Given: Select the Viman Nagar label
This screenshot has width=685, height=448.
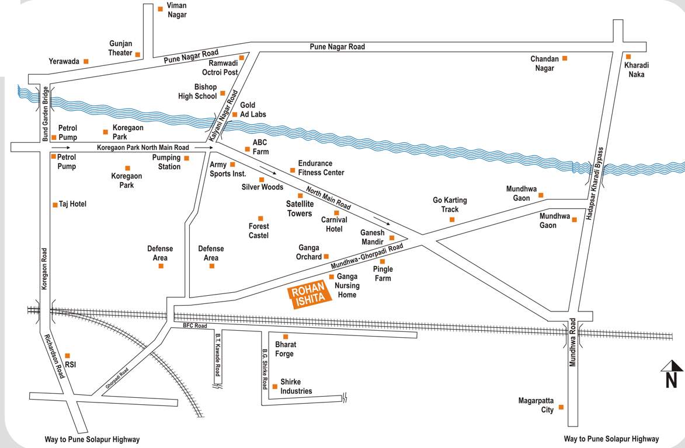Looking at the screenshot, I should pyautogui.click(x=177, y=10).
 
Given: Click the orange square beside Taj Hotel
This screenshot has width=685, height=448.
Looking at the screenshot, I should pyautogui.click(x=55, y=205).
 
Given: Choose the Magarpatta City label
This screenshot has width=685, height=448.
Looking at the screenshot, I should pyautogui.click(x=536, y=405).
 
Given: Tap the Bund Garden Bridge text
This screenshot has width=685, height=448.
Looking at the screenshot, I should pyautogui.click(x=45, y=114).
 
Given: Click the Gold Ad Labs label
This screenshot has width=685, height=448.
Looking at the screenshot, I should pyautogui.click(x=253, y=110).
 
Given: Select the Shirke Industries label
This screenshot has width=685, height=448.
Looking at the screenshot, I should pyautogui.click(x=296, y=386).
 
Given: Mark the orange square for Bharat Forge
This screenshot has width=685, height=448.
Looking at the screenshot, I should pyautogui.click(x=286, y=337).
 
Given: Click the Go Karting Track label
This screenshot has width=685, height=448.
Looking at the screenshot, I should pyautogui.click(x=450, y=205).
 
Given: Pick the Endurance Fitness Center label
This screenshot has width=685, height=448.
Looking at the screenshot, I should pyautogui.click(x=321, y=168).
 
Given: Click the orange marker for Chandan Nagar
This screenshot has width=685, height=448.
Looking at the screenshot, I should pyautogui.click(x=564, y=58).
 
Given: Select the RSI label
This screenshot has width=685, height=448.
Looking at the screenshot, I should pyautogui.click(x=71, y=365).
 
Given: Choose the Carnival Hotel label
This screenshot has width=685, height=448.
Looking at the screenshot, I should pyautogui.click(x=334, y=225).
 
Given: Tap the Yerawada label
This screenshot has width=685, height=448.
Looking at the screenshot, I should pyautogui.click(x=64, y=61).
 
